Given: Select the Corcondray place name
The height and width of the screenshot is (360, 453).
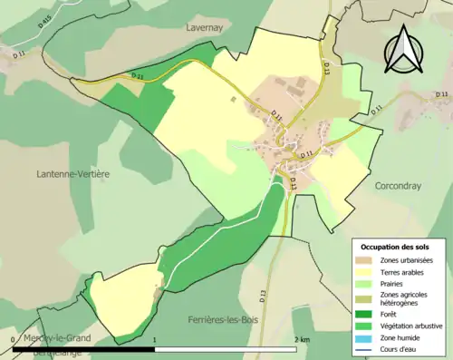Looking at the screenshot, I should tap(399, 184).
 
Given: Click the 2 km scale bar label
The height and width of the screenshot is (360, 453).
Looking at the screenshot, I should tap(302, 339).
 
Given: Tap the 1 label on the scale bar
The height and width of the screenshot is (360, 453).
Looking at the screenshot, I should tap(155, 339).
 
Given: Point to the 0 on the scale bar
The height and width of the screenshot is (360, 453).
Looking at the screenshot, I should tap(13, 339).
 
